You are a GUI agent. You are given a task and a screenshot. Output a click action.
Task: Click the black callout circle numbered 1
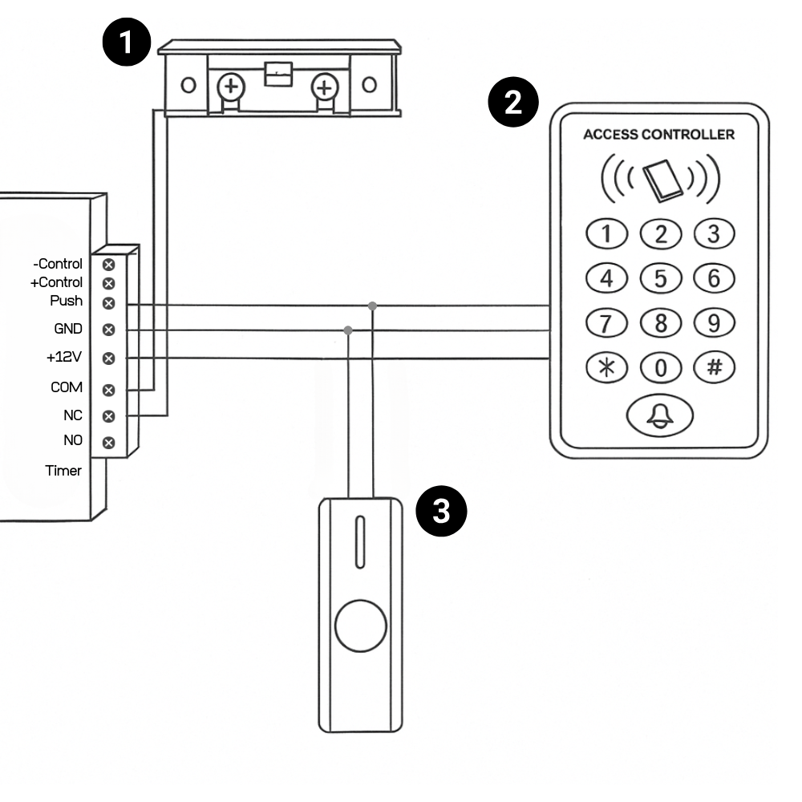click(x=127, y=42)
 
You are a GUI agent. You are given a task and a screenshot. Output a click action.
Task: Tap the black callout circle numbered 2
click(x=513, y=103)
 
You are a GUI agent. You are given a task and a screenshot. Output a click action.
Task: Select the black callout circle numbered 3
click(x=441, y=511)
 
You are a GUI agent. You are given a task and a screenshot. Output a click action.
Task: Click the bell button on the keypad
click(x=660, y=415)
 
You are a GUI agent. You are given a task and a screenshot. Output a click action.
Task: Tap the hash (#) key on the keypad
click(x=715, y=367)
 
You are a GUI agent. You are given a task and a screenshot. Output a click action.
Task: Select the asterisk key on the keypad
click(x=606, y=367)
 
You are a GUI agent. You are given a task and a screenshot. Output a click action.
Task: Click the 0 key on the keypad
click(x=661, y=367)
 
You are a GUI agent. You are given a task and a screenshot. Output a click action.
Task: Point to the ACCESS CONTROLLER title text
click(x=658, y=135)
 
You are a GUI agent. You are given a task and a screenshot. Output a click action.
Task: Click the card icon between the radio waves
click(x=663, y=180)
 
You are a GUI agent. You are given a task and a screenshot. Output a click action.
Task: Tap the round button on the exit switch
click(x=361, y=626)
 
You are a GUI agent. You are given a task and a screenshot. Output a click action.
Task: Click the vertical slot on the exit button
click(x=360, y=541)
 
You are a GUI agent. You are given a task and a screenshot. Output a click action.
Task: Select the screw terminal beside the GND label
click(x=108, y=330)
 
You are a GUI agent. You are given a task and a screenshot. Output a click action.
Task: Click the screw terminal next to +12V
click(x=108, y=358)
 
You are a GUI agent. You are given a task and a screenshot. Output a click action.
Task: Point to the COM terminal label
click(x=67, y=387)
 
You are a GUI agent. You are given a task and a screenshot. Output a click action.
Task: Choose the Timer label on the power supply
click(x=63, y=471)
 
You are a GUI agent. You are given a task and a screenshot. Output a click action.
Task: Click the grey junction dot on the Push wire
click(x=372, y=306)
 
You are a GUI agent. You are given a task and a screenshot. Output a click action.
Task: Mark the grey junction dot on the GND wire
click(x=348, y=330)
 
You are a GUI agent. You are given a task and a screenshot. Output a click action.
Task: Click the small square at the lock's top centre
click(x=278, y=74)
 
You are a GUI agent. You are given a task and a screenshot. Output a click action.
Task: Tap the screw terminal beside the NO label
click(x=108, y=443)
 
